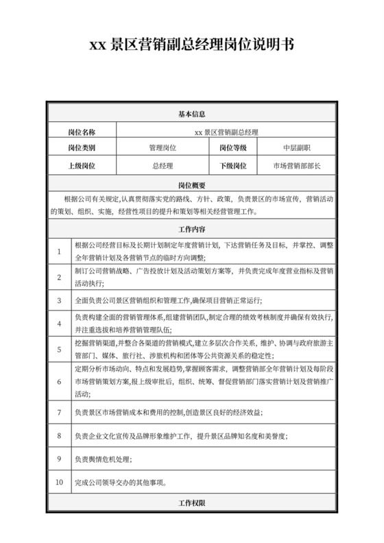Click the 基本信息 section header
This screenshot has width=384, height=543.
click(x=192, y=114)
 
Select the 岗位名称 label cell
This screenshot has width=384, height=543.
click(x=82, y=131)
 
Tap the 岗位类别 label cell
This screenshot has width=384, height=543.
click(x=82, y=148)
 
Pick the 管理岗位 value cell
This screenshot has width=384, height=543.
click(x=163, y=148)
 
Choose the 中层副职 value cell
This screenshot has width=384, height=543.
click(x=297, y=148)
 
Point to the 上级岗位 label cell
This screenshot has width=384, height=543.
click(x=82, y=166)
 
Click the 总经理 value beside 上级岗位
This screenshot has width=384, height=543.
click(x=163, y=166)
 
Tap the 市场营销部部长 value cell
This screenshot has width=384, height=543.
click(x=297, y=166)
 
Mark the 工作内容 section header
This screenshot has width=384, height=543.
click(x=192, y=228)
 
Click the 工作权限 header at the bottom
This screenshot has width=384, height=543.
click(x=192, y=503)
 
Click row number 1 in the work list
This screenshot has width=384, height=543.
click(x=60, y=251)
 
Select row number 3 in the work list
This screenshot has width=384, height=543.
click(x=60, y=301)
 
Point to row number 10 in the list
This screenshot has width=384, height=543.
click(x=59, y=482)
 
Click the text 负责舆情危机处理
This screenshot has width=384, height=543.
click(x=104, y=459)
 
